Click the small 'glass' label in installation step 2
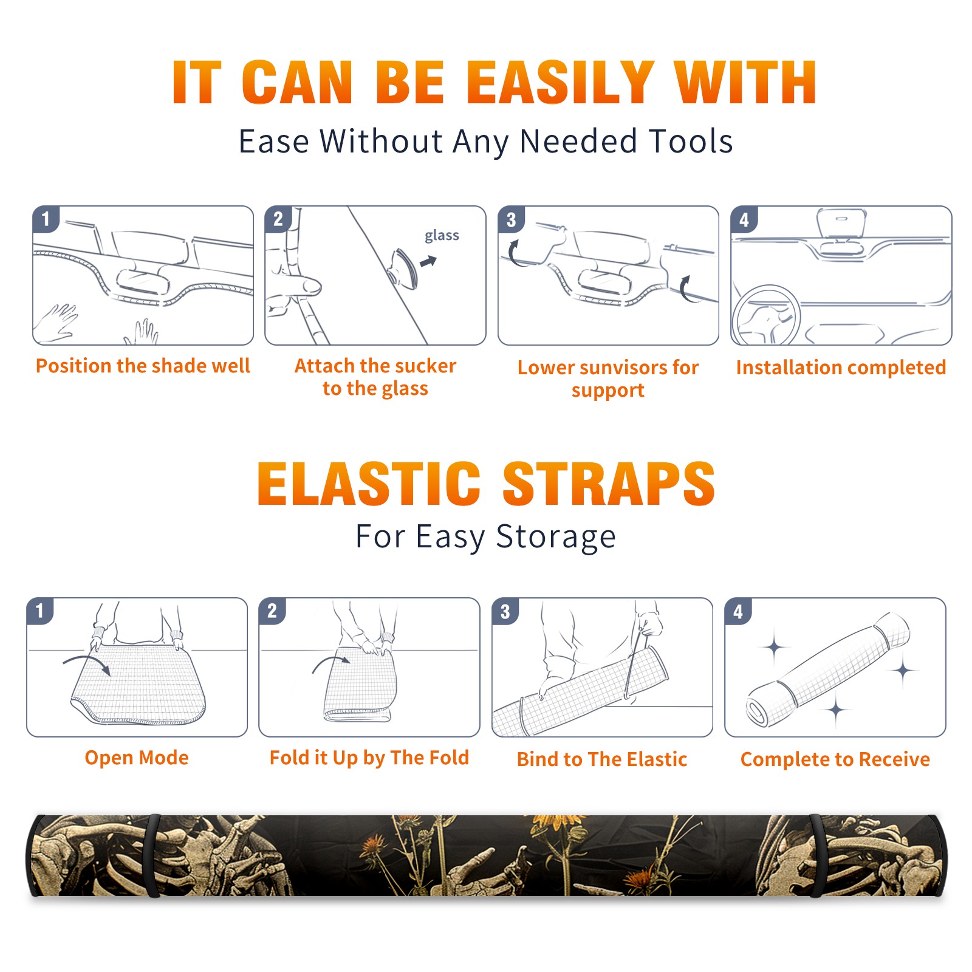[442, 236]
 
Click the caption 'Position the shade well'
[143, 366]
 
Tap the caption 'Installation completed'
[841, 368]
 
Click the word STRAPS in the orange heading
[609, 484]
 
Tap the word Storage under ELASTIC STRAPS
[556, 537]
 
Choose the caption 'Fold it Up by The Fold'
[369, 758]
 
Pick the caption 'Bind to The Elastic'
[602, 759]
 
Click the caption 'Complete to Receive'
[835, 759]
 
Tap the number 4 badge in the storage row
[738, 611]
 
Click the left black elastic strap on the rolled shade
[151, 855]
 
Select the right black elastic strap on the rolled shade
[816, 855]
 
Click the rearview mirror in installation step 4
[841, 223]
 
